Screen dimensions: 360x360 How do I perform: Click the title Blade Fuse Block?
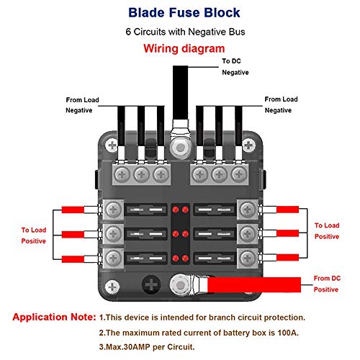(x=179, y=12)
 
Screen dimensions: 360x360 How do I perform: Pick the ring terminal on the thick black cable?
(x=179, y=144)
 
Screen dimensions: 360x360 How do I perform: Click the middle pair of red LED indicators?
(x=179, y=235)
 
